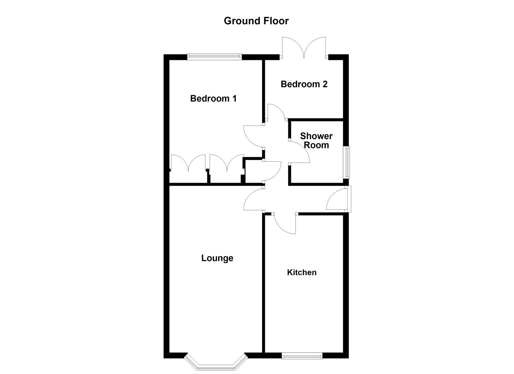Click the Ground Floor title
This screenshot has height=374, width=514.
tap(256, 21)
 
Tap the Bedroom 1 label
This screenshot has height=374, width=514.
tap(213, 99)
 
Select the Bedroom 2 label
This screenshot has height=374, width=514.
tap(304, 84)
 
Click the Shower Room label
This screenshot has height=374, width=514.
tap(316, 141)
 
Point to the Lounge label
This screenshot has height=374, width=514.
tap(217, 258)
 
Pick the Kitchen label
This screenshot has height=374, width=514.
tap(301, 273)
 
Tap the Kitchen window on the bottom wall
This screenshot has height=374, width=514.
tap(302, 356)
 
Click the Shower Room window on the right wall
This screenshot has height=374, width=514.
tap(346, 162)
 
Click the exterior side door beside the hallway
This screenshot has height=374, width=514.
tap(337, 199)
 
